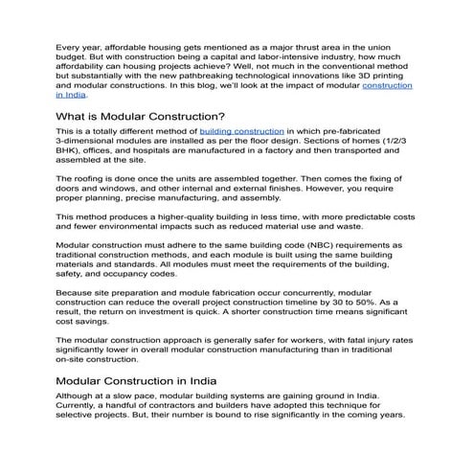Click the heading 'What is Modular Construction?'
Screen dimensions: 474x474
pyautogui.click(x=141, y=117)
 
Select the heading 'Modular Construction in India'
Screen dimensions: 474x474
pyautogui.click(x=141, y=381)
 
